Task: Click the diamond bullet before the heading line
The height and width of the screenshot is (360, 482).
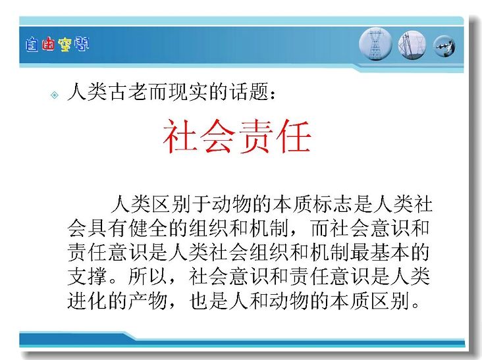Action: click(x=55, y=95)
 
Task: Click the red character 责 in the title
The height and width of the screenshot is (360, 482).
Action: click(x=256, y=136)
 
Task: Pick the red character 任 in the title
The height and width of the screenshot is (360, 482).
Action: click(x=293, y=136)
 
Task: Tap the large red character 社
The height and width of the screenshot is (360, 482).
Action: click(x=180, y=136)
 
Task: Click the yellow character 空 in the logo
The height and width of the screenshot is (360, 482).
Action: click(x=65, y=44)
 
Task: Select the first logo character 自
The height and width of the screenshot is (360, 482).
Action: click(x=32, y=45)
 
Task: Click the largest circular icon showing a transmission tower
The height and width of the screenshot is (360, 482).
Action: click(x=375, y=44)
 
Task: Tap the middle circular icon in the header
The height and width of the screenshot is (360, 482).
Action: click(x=412, y=45)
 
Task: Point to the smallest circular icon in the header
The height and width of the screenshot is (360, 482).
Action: click(x=444, y=46)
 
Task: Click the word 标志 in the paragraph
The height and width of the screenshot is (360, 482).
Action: click(x=332, y=203)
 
